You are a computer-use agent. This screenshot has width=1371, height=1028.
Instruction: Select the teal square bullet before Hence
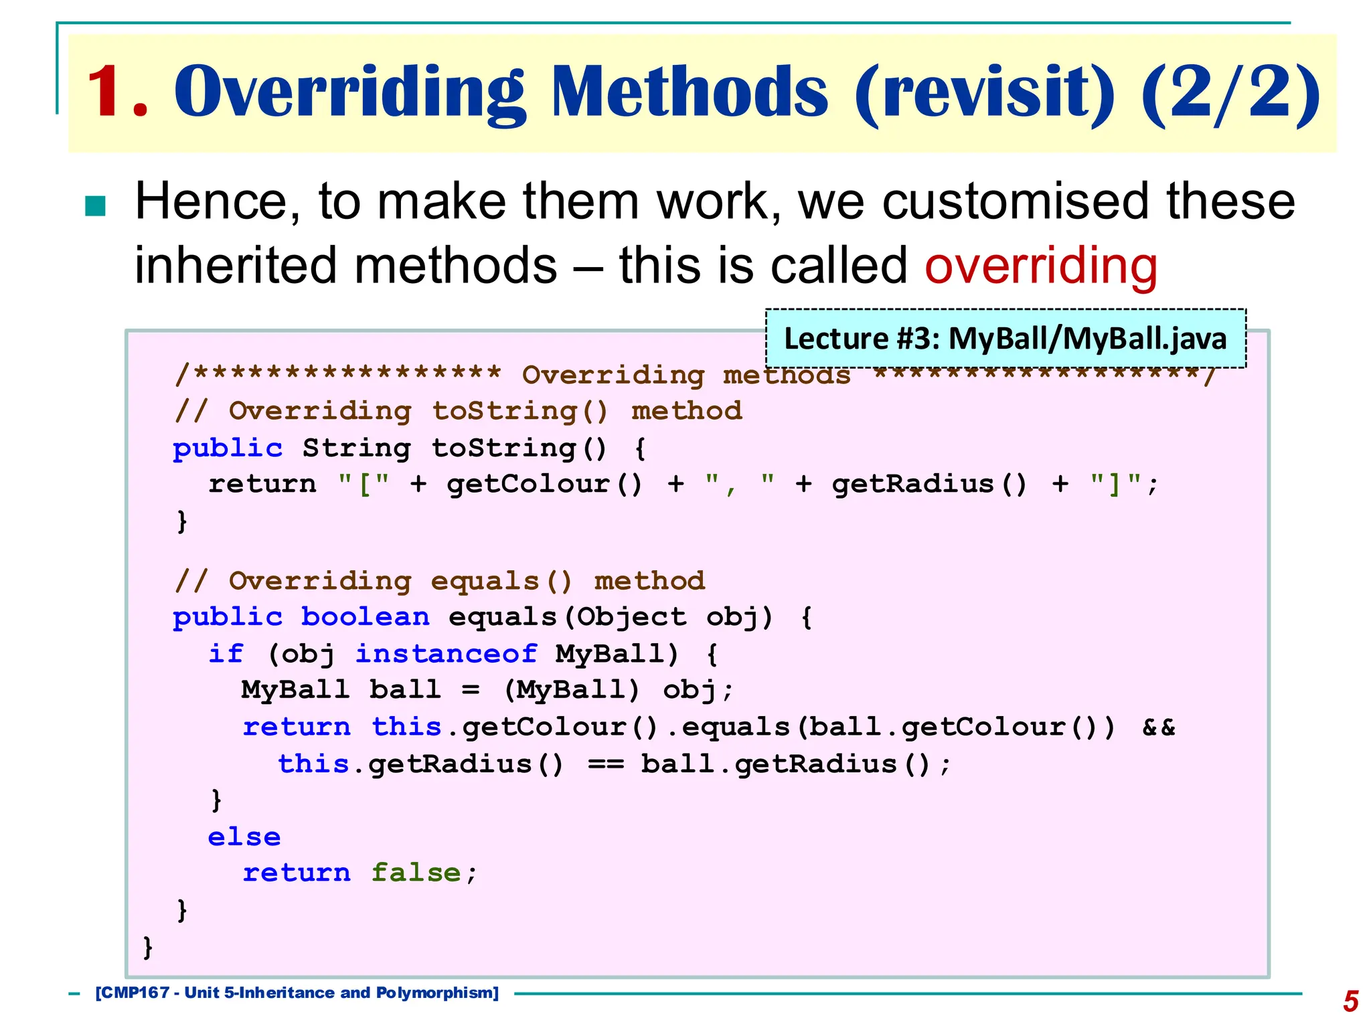[x=96, y=206]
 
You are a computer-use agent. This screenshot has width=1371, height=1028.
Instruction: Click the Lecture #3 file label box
[x=1005, y=339]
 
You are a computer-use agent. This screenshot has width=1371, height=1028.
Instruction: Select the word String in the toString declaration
[x=356, y=448]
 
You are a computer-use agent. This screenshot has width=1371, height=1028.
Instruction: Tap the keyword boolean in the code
[x=365, y=616]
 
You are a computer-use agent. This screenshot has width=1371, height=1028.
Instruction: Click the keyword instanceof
[x=446, y=653]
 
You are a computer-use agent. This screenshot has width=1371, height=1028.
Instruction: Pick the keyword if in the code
[x=226, y=653]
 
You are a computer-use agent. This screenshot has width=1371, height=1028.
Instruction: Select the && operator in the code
[x=1158, y=727]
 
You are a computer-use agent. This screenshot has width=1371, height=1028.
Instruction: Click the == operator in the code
[x=606, y=764]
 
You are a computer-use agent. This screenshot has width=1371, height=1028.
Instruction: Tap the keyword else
[x=244, y=837]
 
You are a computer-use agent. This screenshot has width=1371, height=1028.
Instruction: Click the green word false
[x=416, y=873]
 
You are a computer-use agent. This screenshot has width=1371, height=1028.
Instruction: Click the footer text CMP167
[x=134, y=993]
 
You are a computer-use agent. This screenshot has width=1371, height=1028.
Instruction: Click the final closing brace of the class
[x=148, y=948]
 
